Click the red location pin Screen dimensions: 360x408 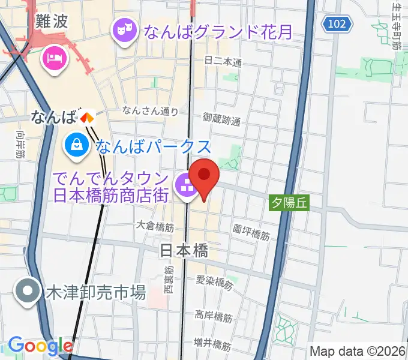click(x=205, y=175)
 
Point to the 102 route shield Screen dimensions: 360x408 click(x=337, y=23)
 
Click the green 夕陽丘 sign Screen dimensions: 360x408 click(x=289, y=203)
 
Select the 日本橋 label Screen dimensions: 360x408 click(x=184, y=251)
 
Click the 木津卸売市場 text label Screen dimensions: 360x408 click(x=96, y=293)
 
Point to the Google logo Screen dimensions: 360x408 click(x=40, y=346)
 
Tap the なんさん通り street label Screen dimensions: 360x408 click(x=150, y=110)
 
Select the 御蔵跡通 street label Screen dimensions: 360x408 click(x=221, y=119)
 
